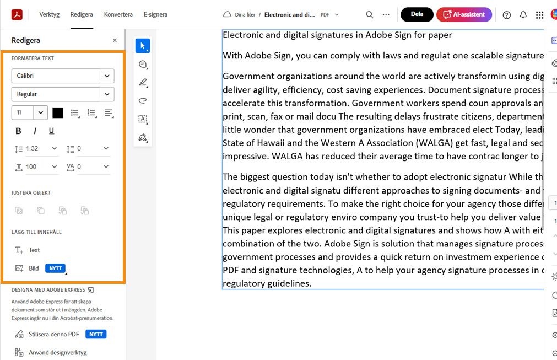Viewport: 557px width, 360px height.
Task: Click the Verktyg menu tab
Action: point(49,14)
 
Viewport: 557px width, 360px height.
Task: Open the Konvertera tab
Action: point(118,14)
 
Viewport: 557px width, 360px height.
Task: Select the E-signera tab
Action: point(155,14)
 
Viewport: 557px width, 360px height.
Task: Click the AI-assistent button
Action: point(464,15)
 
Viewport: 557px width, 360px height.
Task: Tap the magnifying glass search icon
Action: point(370,15)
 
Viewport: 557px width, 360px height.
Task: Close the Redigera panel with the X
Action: point(115,40)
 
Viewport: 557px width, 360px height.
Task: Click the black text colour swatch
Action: point(58,112)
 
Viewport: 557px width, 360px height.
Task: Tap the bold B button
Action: point(18,131)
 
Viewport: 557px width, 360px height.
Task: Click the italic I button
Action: point(35,131)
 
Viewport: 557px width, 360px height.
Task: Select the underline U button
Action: point(51,131)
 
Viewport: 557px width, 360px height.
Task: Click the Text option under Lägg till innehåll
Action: point(34,250)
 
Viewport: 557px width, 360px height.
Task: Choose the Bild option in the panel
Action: point(34,268)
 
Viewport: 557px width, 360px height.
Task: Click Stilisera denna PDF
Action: point(53,334)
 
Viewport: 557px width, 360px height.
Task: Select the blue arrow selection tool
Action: point(143,46)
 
